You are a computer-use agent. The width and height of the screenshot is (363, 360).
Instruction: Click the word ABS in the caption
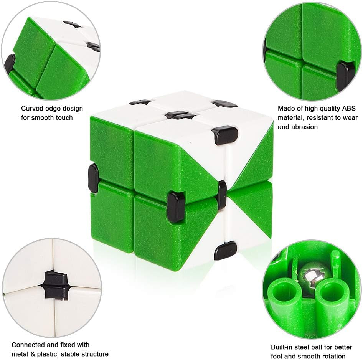click(x=349, y=109)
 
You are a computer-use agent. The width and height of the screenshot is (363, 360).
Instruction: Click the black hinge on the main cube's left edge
click(x=93, y=178)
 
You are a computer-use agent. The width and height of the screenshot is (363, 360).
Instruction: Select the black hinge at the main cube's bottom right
click(x=226, y=251)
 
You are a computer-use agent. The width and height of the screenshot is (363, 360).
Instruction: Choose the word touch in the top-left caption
click(x=64, y=117)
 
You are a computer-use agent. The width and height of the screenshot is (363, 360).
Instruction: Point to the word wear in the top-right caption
click(x=350, y=117)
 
